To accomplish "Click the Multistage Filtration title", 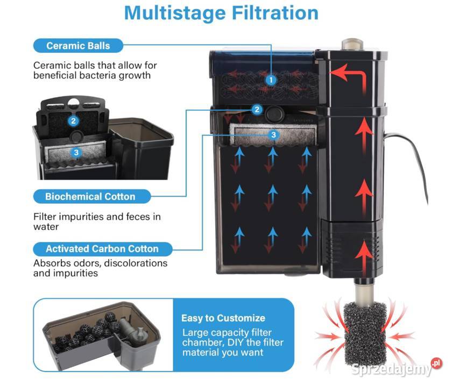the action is click(221, 13).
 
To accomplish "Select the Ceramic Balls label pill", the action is click(79, 46).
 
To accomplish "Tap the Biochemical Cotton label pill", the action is click(92, 197).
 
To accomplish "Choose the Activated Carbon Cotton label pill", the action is click(103, 249).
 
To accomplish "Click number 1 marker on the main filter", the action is click(271, 80).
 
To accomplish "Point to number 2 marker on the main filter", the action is click(257, 109).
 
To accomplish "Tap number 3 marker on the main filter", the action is click(273, 135).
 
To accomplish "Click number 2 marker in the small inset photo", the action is click(73, 120).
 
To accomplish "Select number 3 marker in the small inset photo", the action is click(76, 152).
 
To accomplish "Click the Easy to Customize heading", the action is click(223, 318).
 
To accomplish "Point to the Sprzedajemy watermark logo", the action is click(397, 368).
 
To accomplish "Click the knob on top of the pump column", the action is click(352, 45).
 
